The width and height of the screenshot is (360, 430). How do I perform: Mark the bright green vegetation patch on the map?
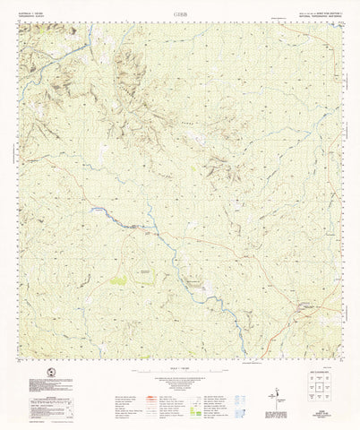(x=119, y=279)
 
